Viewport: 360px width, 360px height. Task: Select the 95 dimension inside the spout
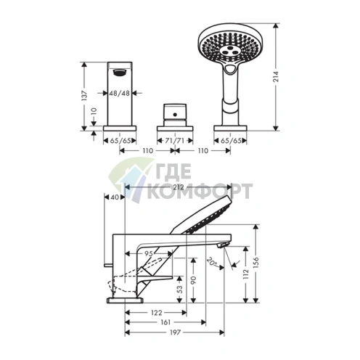click(x=149, y=253)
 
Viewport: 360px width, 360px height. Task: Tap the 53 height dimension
click(x=181, y=289)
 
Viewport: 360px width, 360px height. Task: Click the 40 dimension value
click(x=115, y=197)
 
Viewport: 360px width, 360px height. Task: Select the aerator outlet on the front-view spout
click(x=119, y=71)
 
